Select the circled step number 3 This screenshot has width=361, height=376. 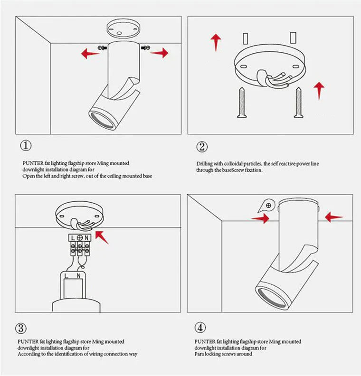click(21, 328)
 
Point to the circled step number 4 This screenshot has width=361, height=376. click(200, 328)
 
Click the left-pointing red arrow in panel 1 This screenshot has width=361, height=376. click(90, 53)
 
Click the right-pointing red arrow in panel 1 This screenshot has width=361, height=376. click(160, 53)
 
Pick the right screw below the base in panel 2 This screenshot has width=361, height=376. click(298, 102)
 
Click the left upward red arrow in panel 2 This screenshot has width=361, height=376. click(216, 42)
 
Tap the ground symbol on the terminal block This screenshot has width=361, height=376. click(80, 237)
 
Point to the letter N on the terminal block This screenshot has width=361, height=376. click(87, 237)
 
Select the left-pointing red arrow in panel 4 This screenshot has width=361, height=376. click(333, 217)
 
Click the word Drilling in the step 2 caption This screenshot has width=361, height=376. click(205, 164)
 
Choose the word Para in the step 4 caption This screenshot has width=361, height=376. click(199, 354)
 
